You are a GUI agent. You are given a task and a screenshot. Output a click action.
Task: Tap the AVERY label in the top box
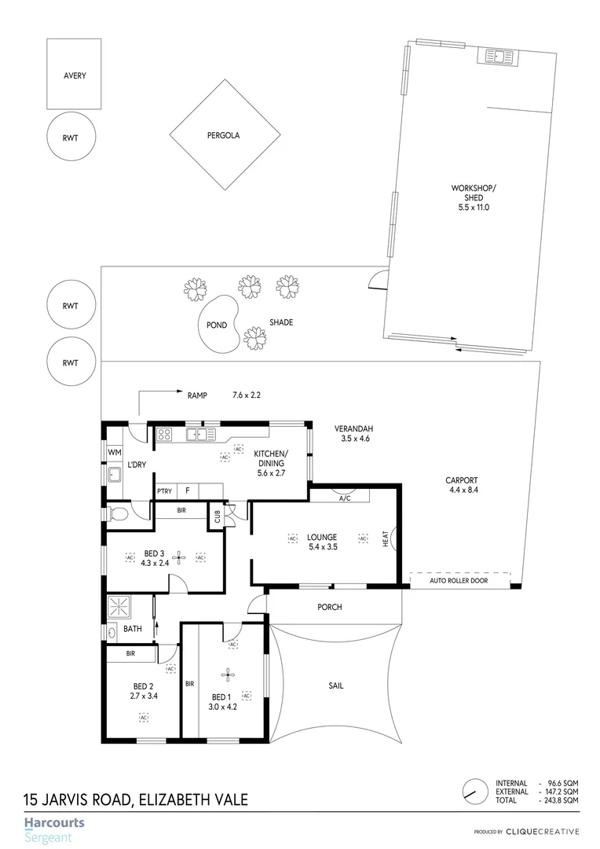(75, 76)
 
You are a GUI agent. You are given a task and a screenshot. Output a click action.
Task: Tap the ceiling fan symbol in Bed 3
(178, 557)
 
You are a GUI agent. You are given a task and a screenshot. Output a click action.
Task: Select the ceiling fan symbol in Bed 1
(228, 674)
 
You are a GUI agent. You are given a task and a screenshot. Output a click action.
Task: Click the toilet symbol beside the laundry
(119, 514)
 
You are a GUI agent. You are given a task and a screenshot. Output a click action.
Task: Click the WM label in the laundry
(115, 452)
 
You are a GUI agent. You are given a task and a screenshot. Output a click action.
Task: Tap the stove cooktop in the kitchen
(165, 434)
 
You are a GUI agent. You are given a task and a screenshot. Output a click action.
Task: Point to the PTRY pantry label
(165, 491)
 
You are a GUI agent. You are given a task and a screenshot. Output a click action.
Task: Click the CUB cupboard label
(216, 516)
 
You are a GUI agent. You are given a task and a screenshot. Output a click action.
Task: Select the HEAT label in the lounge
(386, 538)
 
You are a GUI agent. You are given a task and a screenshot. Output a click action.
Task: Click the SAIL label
(336, 685)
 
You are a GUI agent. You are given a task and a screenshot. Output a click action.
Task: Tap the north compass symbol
(473, 791)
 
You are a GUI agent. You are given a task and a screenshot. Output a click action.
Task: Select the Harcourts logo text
(54, 823)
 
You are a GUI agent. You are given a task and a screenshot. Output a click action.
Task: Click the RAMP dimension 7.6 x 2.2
(246, 395)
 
